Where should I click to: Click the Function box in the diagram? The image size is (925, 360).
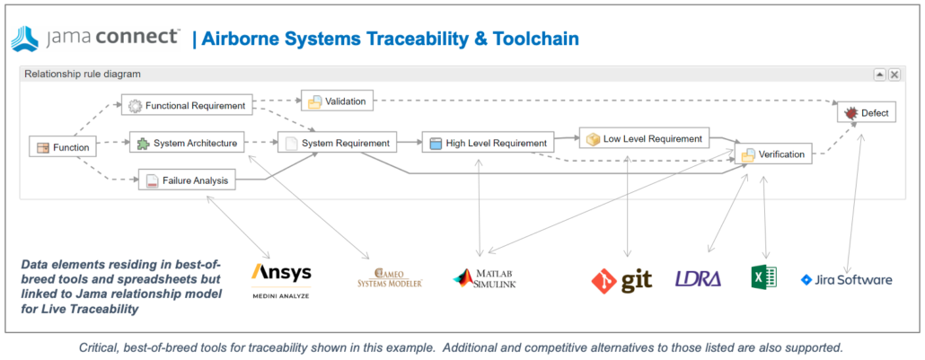62,147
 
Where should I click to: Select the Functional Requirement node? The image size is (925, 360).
187,105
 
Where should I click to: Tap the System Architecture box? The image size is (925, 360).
187,143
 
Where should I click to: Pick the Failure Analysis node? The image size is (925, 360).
187,180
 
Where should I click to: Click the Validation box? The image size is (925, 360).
337,101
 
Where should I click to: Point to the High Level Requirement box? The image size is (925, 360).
488,143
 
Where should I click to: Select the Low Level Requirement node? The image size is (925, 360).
645,138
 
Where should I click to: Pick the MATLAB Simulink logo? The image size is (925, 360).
485,278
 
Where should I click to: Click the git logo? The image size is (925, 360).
621,279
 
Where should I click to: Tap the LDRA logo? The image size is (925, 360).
698,279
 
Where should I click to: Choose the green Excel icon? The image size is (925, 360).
763,278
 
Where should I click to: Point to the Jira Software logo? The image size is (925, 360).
846,280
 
